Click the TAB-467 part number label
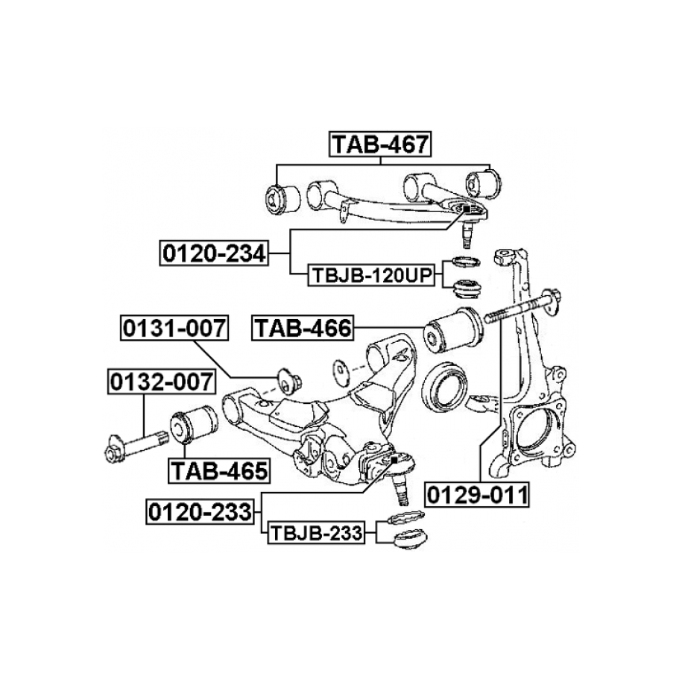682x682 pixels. [x=380, y=144]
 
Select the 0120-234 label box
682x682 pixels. [x=214, y=253]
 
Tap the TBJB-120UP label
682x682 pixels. [x=371, y=275]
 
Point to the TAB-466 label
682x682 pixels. [x=303, y=328]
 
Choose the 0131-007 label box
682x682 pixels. [x=174, y=328]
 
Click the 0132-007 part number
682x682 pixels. [x=161, y=382]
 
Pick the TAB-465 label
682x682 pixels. [x=219, y=471]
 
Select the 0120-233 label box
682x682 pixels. [x=200, y=511]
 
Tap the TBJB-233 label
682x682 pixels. [x=316, y=533]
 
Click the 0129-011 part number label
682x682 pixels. [x=477, y=494]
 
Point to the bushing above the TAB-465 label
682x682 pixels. [x=193, y=426]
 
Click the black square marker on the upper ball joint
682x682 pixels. [x=467, y=209]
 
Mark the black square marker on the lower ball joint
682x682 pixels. [x=394, y=460]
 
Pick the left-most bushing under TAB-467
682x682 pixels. [x=282, y=200]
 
